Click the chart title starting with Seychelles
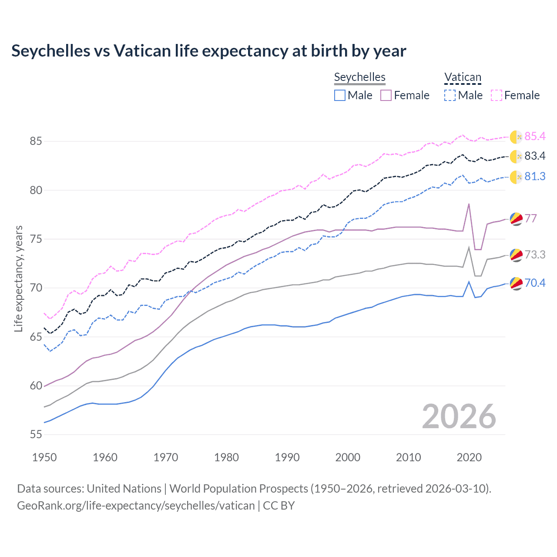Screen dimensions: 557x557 [208, 51]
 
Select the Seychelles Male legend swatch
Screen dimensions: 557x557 [340, 95]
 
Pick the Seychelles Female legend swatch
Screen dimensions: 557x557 [386, 95]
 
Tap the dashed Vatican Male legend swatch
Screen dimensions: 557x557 [450, 95]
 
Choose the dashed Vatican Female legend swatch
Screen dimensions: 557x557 [497, 95]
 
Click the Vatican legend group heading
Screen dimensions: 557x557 [463, 77]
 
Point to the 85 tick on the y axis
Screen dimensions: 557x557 [36, 141]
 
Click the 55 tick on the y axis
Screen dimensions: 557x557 [36, 434]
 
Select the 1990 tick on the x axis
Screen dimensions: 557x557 [287, 457]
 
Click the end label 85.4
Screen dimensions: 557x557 [535, 136]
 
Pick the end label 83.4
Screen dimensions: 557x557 [535, 156]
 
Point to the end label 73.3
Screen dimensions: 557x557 [535, 255]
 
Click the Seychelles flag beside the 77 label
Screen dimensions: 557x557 [516, 219]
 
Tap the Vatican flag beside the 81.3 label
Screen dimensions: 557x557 [516, 177]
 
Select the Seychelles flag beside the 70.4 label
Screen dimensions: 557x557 [516, 284]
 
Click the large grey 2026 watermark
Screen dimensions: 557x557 [459, 416]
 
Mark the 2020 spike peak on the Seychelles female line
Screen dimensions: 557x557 [469, 204]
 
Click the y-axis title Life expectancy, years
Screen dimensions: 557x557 [18, 278]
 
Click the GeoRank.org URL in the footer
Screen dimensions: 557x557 [136, 506]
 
